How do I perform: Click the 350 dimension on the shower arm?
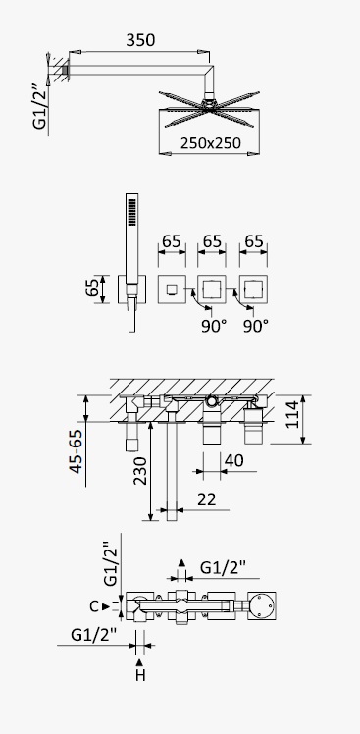click(140, 40)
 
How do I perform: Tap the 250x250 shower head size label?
click(211, 142)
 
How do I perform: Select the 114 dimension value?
click(293, 414)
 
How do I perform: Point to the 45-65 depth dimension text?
click(77, 450)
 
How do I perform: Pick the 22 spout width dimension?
click(206, 499)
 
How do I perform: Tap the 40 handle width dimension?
click(234, 460)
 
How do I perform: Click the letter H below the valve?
click(140, 675)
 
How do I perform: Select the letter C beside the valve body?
click(94, 606)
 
